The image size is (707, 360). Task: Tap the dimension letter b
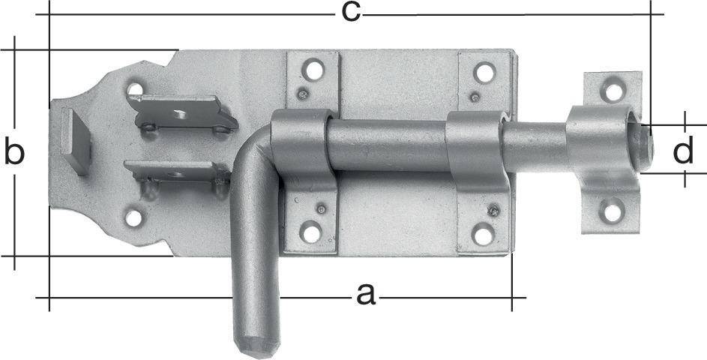[13, 152]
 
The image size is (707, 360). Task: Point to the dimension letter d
[682, 151]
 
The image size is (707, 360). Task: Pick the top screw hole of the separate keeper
[613, 91]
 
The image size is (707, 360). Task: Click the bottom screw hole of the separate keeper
[613, 213]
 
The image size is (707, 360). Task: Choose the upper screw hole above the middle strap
[485, 73]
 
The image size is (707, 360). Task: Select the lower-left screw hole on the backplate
[133, 218]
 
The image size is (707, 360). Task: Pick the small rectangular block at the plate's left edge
[76, 142]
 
